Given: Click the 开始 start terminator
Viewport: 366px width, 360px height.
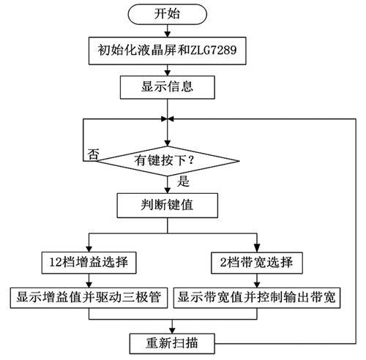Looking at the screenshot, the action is click(168, 14).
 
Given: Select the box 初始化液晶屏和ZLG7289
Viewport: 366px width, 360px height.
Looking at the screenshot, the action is click(168, 50).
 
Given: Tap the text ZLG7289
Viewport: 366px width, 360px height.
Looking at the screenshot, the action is click(213, 50).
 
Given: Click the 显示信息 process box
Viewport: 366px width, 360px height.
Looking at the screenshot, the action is click(168, 87).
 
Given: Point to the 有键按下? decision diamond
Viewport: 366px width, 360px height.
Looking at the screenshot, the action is click(168, 161).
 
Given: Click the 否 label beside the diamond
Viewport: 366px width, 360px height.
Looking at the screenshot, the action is click(93, 154).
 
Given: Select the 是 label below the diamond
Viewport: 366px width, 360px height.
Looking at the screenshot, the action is click(183, 181).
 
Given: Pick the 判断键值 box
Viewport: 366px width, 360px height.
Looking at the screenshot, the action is click(168, 206).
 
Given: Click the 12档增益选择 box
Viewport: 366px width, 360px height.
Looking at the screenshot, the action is click(89, 263).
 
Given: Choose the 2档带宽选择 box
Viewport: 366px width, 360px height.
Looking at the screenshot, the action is click(257, 263).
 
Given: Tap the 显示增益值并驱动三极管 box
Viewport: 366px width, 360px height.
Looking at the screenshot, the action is click(89, 298).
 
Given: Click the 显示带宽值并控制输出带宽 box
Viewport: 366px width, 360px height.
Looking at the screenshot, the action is click(257, 298).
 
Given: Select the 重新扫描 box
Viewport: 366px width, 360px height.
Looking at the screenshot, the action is click(172, 343).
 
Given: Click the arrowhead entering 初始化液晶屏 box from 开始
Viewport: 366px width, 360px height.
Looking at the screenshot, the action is click(168, 34).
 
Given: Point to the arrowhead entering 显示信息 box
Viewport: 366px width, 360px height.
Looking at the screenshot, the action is click(168, 72).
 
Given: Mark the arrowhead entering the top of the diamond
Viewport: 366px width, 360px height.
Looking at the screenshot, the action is click(168, 143).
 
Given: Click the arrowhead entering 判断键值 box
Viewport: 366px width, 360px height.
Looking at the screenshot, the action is click(168, 190).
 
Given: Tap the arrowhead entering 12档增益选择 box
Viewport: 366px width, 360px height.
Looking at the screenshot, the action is click(89, 249).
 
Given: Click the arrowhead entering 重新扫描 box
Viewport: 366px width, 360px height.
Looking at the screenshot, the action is click(172, 331).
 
